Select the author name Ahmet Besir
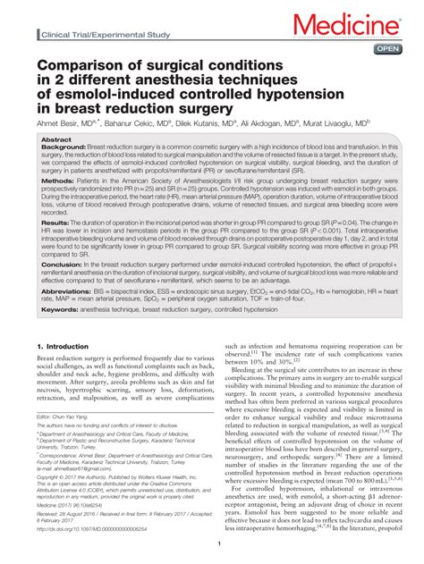click(x=61, y=123)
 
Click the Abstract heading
click(x=57, y=140)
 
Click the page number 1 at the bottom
click(x=212, y=554)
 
